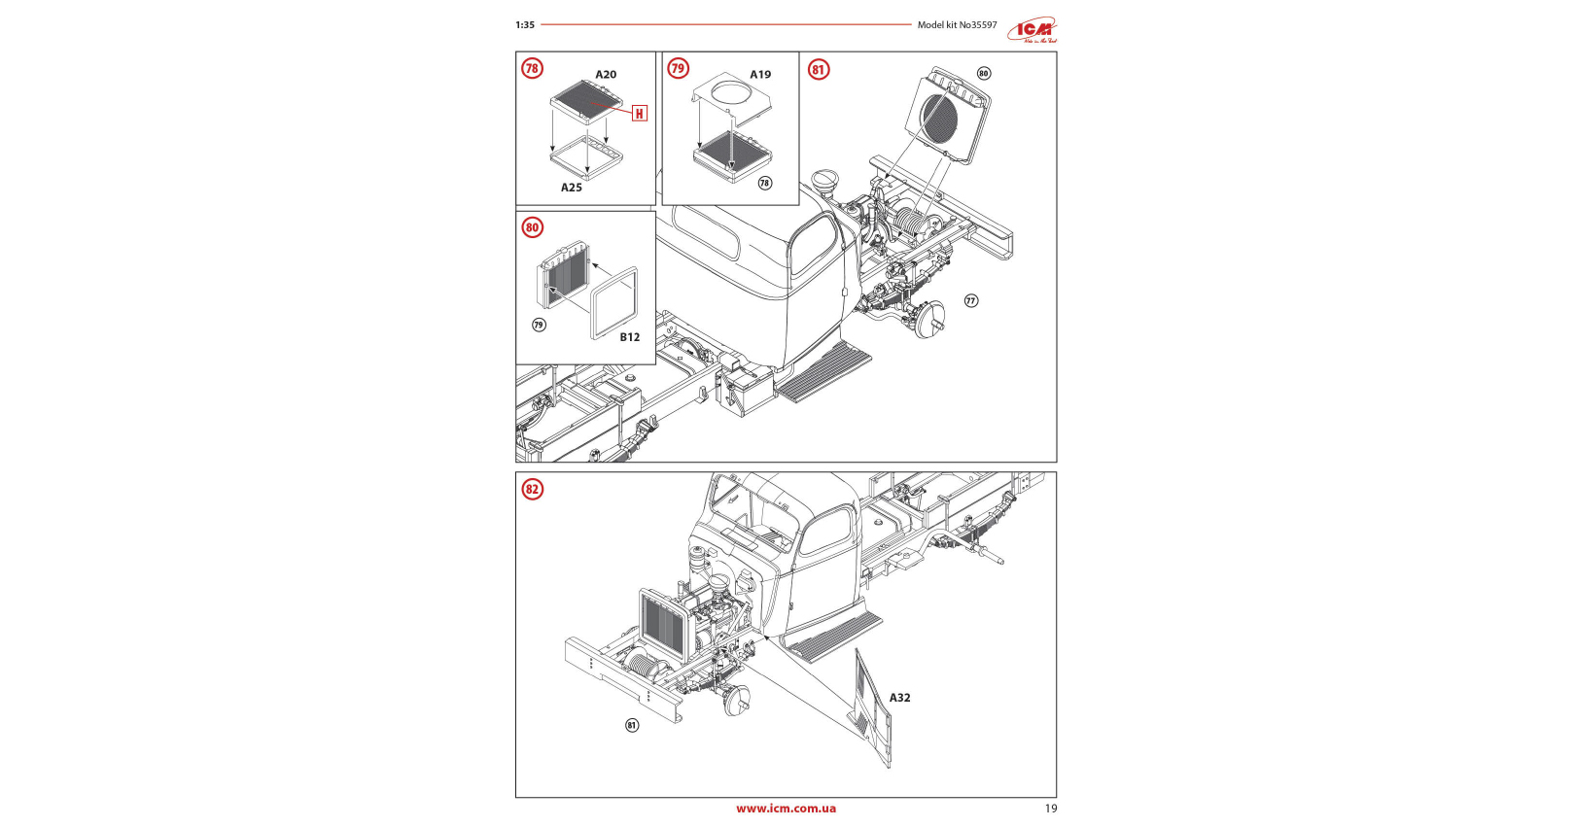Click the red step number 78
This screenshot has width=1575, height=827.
point(532,68)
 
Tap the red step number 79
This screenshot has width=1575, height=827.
point(678,68)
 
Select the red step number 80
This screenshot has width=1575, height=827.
point(532,227)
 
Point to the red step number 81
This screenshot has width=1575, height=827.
point(819,69)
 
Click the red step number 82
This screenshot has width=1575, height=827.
point(532,489)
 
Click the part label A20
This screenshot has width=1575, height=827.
point(606,75)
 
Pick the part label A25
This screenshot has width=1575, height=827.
point(572,188)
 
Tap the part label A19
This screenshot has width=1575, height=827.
point(760,75)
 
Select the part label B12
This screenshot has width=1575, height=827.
point(630,337)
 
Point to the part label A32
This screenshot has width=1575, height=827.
point(900,698)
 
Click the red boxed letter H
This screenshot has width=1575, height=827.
point(639,114)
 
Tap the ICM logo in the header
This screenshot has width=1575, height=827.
point(1032,29)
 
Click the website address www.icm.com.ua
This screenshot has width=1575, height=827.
point(786,809)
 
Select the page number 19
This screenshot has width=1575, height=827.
point(1050,809)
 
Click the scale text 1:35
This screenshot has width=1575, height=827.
point(525,25)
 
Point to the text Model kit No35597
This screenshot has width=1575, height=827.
point(957,25)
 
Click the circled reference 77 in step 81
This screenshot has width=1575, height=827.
point(970,300)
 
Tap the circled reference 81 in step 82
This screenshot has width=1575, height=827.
point(632,725)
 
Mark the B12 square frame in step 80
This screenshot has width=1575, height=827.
point(614,303)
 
